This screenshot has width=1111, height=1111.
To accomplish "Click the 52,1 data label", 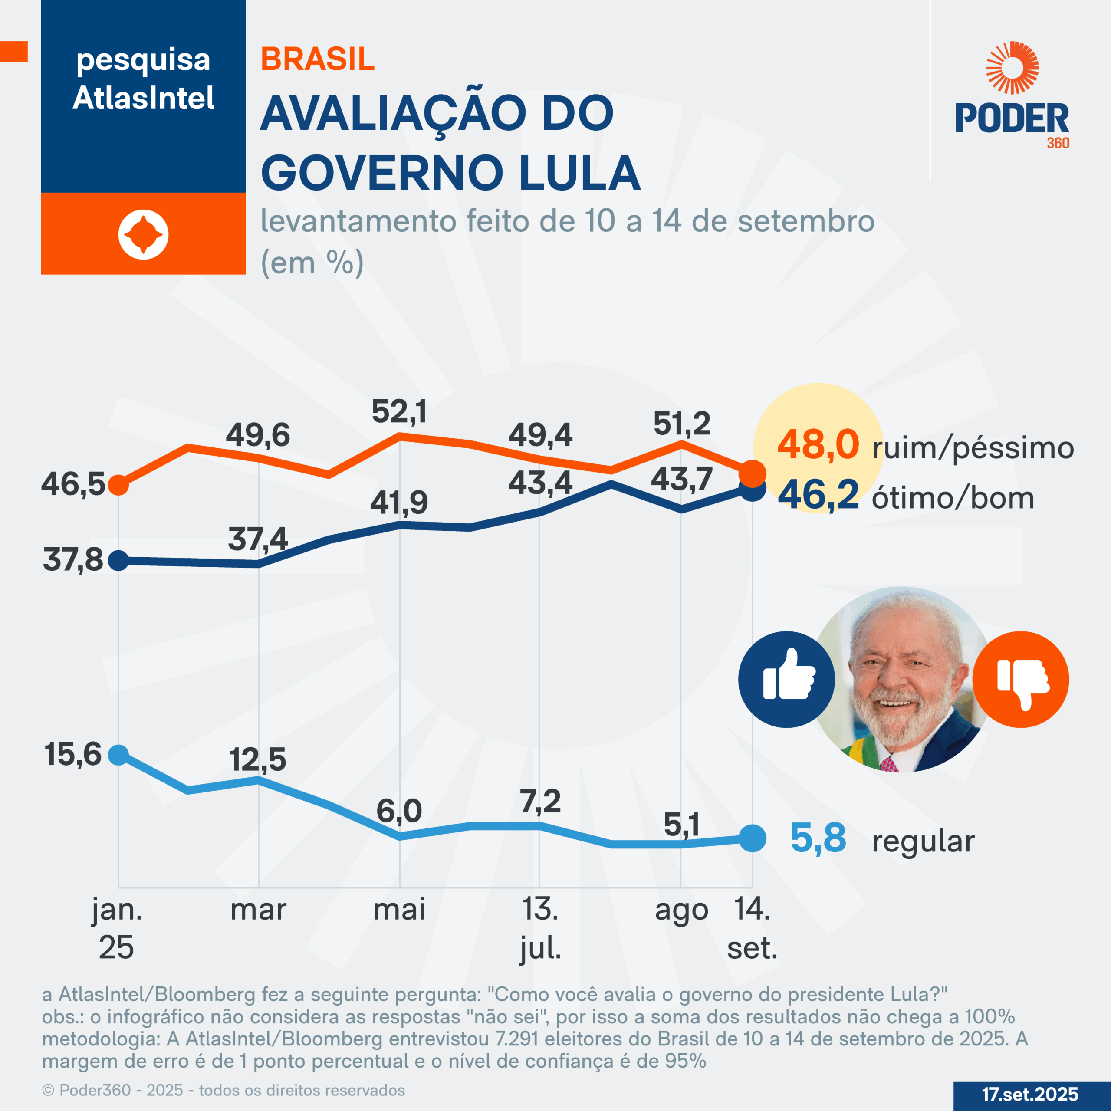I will point(399,412).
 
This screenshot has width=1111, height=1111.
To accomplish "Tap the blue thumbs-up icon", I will point(786,679).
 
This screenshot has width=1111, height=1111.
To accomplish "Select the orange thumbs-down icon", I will point(1021,679).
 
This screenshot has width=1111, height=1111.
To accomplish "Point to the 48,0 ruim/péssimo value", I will point(818,444).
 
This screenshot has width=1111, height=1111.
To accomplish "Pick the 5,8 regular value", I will point(818,838).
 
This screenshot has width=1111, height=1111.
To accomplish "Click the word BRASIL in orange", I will point(317,59).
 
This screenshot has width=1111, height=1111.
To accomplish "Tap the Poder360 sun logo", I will point(1012,67).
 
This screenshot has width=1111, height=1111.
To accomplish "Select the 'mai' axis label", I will point(399,910).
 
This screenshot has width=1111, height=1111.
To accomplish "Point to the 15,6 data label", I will point(73,754).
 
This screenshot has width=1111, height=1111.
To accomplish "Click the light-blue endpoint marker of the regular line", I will point(752,838).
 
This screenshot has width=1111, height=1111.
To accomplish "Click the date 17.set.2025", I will point(1030,1094).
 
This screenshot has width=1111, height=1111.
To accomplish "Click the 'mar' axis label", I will point(258,910).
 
